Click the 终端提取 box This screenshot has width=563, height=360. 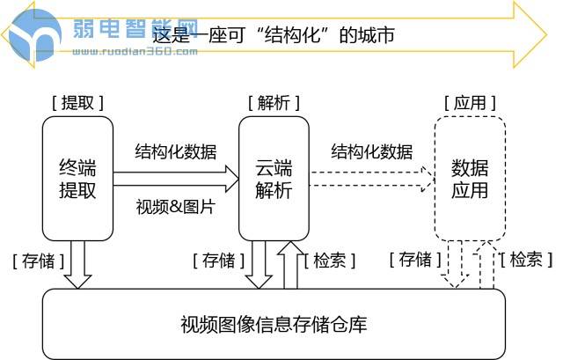coord(77,179)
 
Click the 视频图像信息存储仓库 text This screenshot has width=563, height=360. coord(274,324)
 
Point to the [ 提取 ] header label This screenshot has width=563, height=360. coord(77,102)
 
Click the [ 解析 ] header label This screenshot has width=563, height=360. coord(274,102)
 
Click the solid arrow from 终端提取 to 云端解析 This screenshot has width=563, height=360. coord(176,180)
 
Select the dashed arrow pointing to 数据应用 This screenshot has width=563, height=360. coord(371,180)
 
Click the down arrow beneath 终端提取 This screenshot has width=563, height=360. coord(77,264)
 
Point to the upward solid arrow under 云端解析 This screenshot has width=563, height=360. coord(289,264)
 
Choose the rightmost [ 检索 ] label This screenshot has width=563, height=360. coord(526,260)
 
